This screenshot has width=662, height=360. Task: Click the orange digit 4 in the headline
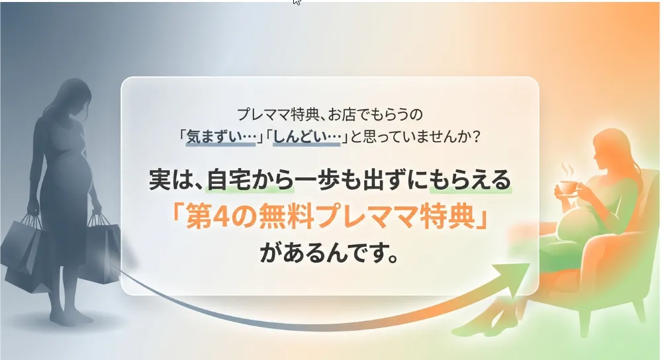[x=220, y=218]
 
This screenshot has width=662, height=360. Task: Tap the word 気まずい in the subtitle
[x=221, y=137]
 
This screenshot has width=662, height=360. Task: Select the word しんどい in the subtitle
[x=307, y=137]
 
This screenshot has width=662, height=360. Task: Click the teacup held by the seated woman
[x=568, y=188]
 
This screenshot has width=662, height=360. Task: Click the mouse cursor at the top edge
[x=297, y=2]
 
